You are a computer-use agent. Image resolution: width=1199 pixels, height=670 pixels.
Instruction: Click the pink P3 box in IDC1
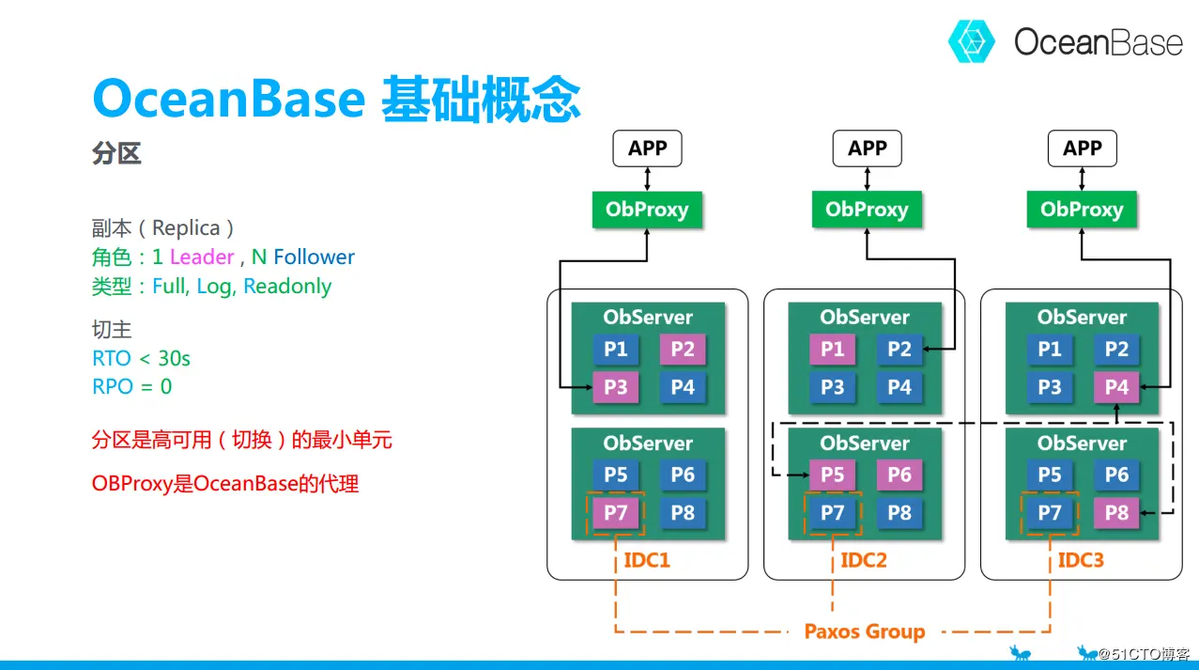(616, 386)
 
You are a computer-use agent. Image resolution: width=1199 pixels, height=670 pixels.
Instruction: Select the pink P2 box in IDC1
(683, 350)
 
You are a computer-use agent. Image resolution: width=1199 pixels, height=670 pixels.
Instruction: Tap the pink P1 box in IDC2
(832, 350)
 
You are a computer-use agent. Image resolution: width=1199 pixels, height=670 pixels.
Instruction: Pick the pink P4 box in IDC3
(1116, 386)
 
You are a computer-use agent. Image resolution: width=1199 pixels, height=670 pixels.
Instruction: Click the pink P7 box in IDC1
(616, 512)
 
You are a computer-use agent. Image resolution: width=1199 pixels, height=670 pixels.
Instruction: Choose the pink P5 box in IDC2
(832, 475)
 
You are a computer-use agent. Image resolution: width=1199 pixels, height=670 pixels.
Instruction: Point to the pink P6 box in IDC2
(899, 475)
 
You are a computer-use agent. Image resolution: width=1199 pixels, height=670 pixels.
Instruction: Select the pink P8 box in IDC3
(1116, 512)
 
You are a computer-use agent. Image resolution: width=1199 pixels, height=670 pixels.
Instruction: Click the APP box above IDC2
(868, 148)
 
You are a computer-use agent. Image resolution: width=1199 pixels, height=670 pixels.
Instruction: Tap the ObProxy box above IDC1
(647, 210)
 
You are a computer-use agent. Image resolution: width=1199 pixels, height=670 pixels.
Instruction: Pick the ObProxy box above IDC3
(1082, 210)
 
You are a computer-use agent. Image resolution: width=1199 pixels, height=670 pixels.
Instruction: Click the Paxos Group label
(865, 631)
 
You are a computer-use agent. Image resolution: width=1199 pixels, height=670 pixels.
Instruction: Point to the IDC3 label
(1081, 560)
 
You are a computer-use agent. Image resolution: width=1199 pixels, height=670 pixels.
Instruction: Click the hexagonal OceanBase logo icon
(972, 41)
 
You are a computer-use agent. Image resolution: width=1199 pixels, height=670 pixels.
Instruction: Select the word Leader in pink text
(202, 257)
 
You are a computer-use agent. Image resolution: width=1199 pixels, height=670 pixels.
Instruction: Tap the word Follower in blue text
(315, 257)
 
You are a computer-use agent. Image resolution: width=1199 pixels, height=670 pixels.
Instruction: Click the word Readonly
(287, 287)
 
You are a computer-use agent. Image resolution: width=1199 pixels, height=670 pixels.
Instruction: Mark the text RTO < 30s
(142, 358)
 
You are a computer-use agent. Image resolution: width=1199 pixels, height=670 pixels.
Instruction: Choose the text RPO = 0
(132, 386)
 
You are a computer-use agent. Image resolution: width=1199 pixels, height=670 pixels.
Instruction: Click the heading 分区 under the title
(116, 153)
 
